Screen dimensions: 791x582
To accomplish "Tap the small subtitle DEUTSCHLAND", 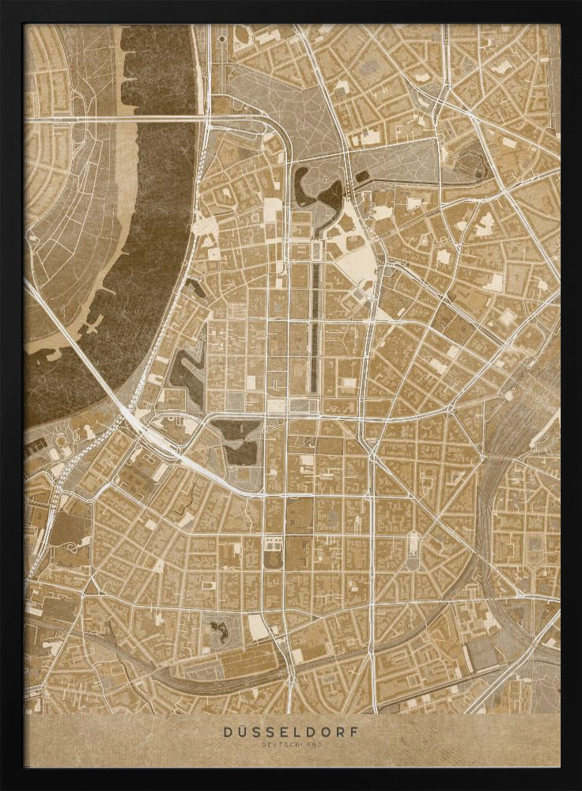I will pyautogui.click(x=292, y=744).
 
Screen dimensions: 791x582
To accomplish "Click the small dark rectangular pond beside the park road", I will pyautogui.click(x=361, y=176).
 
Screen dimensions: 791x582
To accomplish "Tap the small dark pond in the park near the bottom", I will pyautogui.click(x=217, y=630).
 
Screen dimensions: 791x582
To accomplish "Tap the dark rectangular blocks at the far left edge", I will pyautogui.click(x=35, y=448).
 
